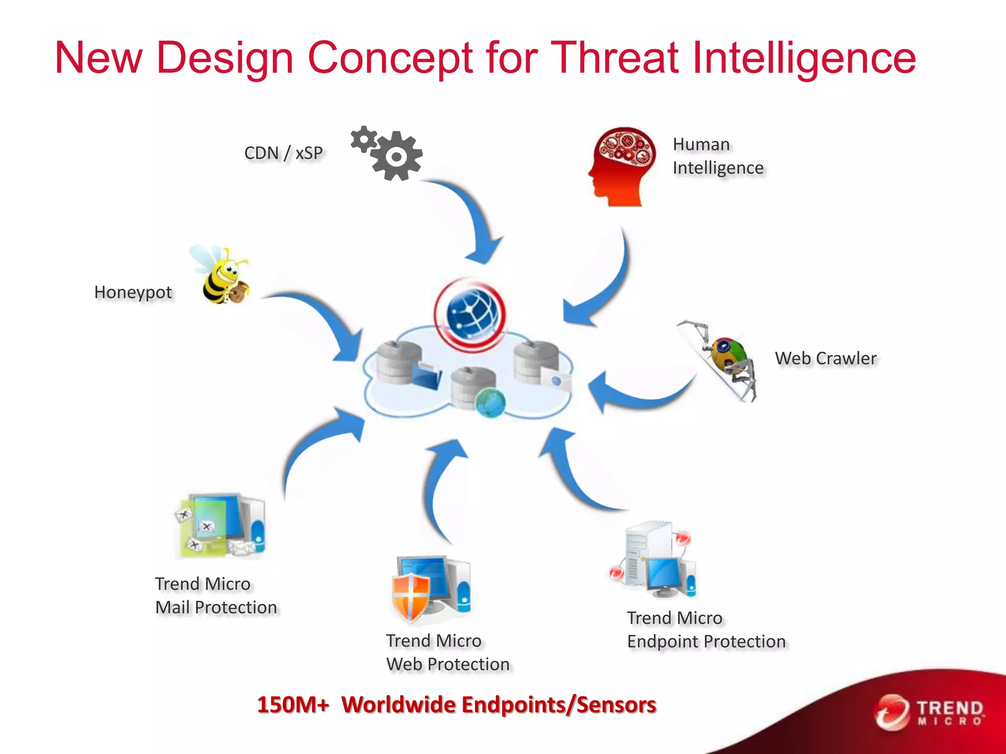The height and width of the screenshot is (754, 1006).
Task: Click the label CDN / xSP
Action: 283,153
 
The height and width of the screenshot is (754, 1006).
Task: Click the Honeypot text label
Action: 133,293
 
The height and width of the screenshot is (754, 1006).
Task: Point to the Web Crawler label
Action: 825,358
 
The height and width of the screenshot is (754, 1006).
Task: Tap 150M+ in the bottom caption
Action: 293,704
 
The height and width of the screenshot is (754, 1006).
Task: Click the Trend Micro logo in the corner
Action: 928,712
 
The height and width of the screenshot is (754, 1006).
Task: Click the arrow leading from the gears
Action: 472,221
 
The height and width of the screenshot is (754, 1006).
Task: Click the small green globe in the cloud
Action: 490,403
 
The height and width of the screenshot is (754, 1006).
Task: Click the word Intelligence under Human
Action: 718,168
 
